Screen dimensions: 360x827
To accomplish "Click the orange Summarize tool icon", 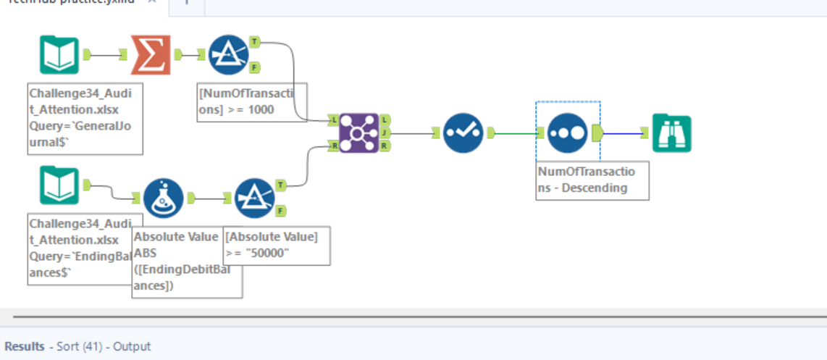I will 151,55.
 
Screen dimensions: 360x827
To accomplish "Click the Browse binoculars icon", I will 671,133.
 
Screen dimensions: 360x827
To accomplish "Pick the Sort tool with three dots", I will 568,133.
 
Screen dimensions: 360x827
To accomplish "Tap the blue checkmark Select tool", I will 463,133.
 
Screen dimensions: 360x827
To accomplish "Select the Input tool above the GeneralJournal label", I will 59,55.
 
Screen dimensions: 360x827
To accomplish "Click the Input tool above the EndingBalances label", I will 59,185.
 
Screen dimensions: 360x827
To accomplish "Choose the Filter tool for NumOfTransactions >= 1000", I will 227,55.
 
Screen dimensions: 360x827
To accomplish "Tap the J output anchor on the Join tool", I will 385,133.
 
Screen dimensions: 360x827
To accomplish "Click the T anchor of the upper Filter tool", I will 255,43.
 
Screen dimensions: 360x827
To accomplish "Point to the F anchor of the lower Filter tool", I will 282,211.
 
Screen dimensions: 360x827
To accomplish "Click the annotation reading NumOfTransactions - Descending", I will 592,180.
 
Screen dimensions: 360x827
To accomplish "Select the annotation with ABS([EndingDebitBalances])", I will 186,261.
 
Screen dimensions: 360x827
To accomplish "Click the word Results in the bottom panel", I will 25,346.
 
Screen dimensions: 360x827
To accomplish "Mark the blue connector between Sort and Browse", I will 623,133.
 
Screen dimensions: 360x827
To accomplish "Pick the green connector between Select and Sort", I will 516,133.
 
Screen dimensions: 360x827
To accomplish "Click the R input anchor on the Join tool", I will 332,146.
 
